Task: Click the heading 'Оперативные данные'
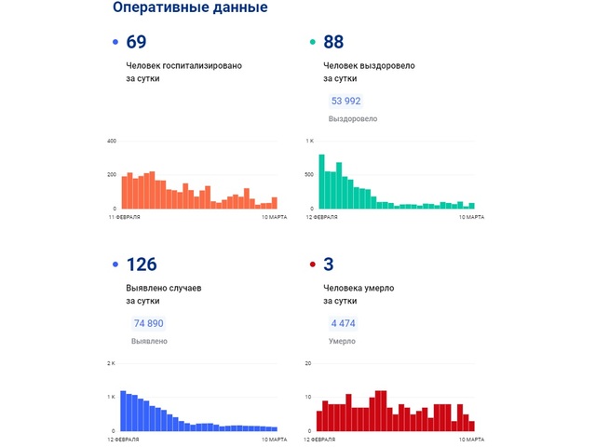pyautogui.click(x=190, y=8)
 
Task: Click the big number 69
pyautogui.click(x=137, y=42)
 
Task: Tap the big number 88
pyautogui.click(x=334, y=42)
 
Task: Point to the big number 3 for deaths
pyautogui.click(x=329, y=264)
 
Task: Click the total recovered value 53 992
pyautogui.click(x=345, y=102)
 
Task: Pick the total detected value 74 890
pyautogui.click(x=149, y=323)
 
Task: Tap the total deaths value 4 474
pyautogui.click(x=342, y=323)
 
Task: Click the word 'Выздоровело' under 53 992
pyautogui.click(x=353, y=119)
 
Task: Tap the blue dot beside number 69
pyautogui.click(x=115, y=43)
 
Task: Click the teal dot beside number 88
pyautogui.click(x=312, y=43)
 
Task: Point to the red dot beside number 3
pyautogui.click(x=312, y=265)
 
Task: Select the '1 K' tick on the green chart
pyautogui.click(x=310, y=142)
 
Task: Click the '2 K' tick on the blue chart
pyautogui.click(x=112, y=363)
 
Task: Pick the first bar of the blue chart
pyautogui.click(x=124, y=411)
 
